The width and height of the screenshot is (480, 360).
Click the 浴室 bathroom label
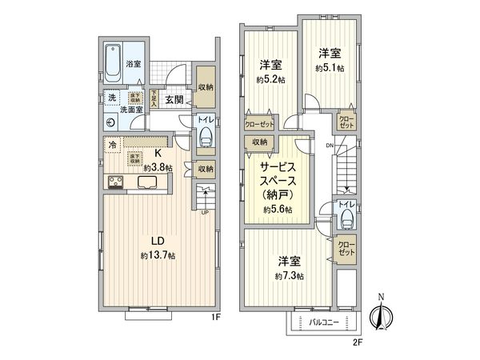click(133, 63)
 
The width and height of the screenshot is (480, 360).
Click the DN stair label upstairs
click(330, 145)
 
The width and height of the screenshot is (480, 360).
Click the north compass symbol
click(382, 317)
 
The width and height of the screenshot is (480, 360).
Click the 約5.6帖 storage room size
click(277, 209)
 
